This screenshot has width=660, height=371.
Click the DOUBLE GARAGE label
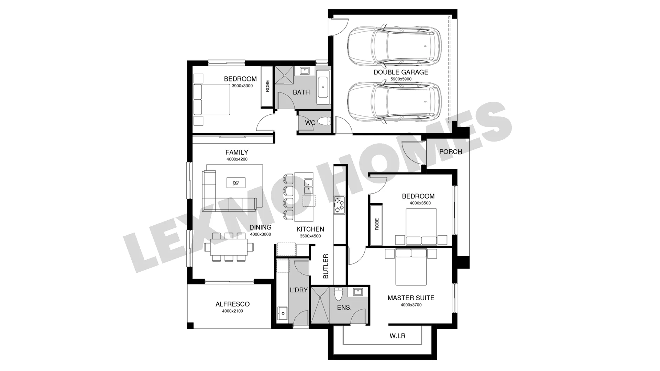pyautogui.click(x=401, y=72)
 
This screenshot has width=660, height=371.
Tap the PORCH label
pyautogui.click(x=450, y=151)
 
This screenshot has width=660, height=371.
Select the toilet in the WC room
pyautogui.click(x=323, y=121)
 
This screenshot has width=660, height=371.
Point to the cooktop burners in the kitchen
pyautogui.click(x=339, y=205)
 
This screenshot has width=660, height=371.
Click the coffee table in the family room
pyautogui.click(x=236, y=183)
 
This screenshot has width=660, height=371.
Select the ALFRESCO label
pyautogui.click(x=232, y=304)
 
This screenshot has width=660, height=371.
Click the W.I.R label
pyautogui.click(x=397, y=336)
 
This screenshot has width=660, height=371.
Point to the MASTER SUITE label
pyautogui.click(x=411, y=298)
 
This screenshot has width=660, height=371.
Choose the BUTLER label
pyautogui.click(x=326, y=266)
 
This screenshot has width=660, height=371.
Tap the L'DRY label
pyautogui.click(x=299, y=290)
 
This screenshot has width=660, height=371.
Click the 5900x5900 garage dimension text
pyautogui.click(x=401, y=79)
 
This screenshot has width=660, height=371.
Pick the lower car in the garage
pyautogui.click(x=394, y=102)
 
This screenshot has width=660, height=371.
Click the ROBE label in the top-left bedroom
pyautogui.click(x=267, y=86)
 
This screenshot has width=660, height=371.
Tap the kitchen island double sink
pyautogui.click(x=308, y=187)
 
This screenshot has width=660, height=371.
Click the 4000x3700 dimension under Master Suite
pyautogui.click(x=411, y=305)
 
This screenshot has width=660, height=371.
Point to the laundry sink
pyautogui.click(x=282, y=313)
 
